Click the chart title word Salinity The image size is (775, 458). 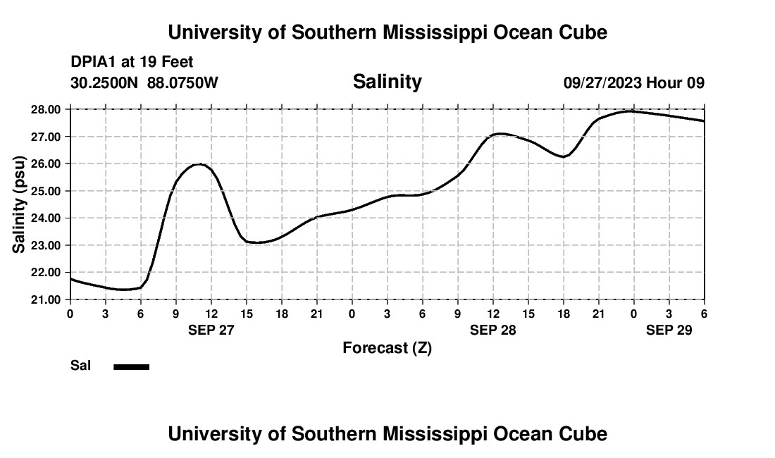point(387,82)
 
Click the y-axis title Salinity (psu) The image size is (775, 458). point(20,204)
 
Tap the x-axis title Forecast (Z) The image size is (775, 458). point(387,347)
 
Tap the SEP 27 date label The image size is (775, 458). point(211,330)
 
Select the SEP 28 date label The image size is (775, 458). point(492,330)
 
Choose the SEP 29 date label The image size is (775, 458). point(669,330)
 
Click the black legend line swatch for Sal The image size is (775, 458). point(132,366)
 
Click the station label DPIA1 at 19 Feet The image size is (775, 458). point(132,63)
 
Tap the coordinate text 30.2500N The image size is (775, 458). point(105,82)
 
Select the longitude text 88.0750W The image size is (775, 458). point(182,82)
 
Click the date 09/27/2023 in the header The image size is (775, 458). point(602,82)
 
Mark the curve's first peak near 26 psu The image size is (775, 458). point(199,164)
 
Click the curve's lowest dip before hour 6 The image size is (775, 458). point(123,289)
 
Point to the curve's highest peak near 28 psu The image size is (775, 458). point(631,111)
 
